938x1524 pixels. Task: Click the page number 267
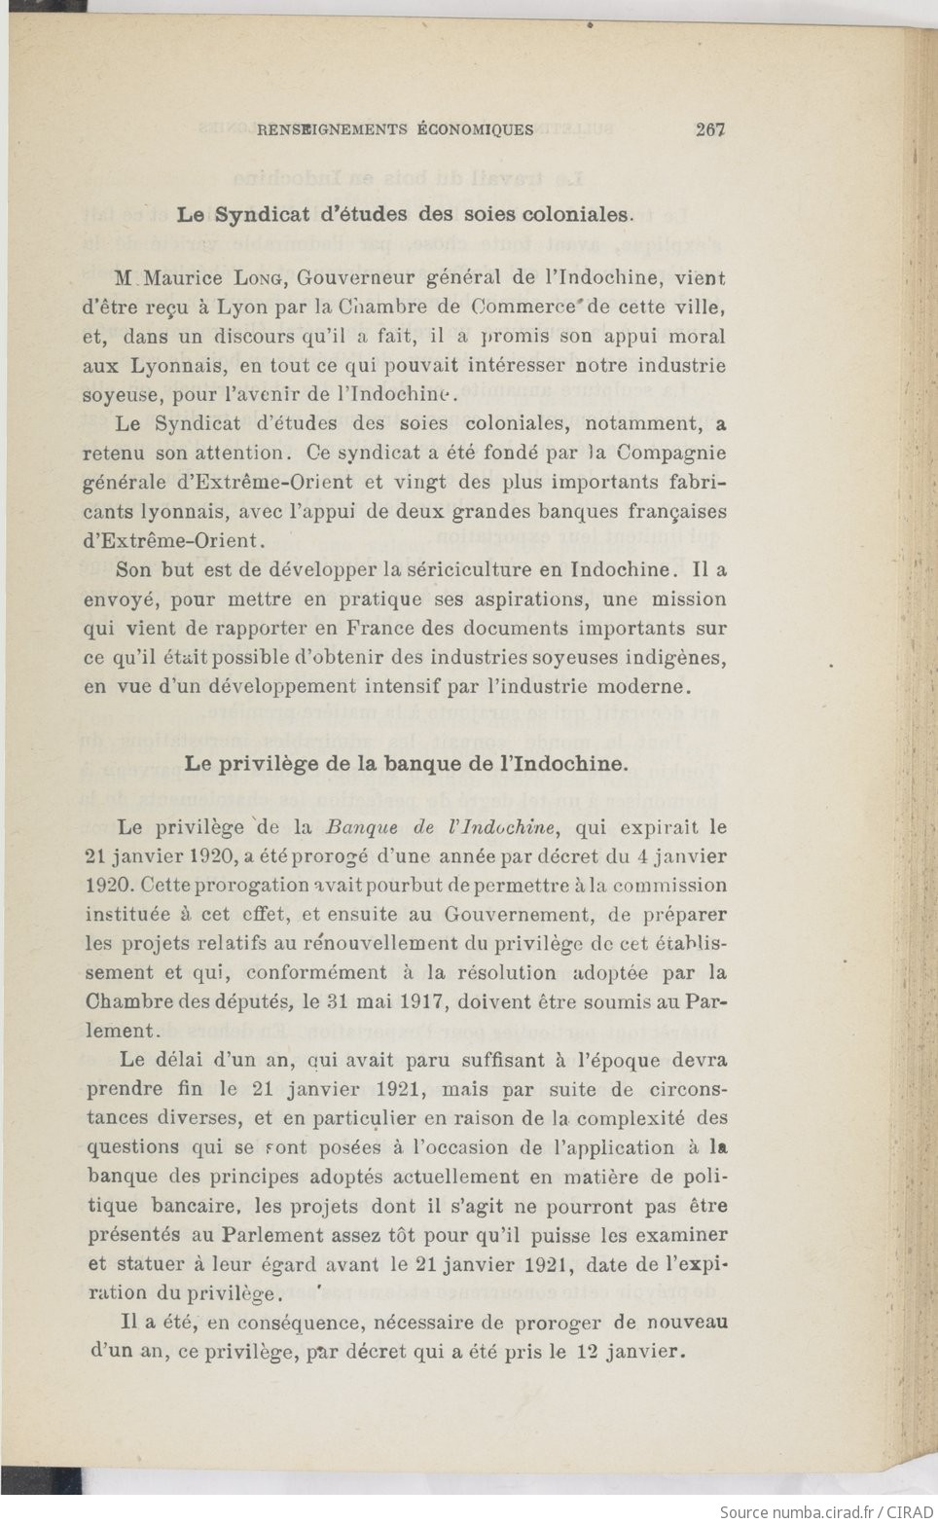tap(711, 128)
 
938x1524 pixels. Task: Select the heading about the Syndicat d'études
tap(405, 215)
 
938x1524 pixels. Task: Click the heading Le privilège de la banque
tap(407, 764)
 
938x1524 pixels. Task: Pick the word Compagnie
tap(672, 453)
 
